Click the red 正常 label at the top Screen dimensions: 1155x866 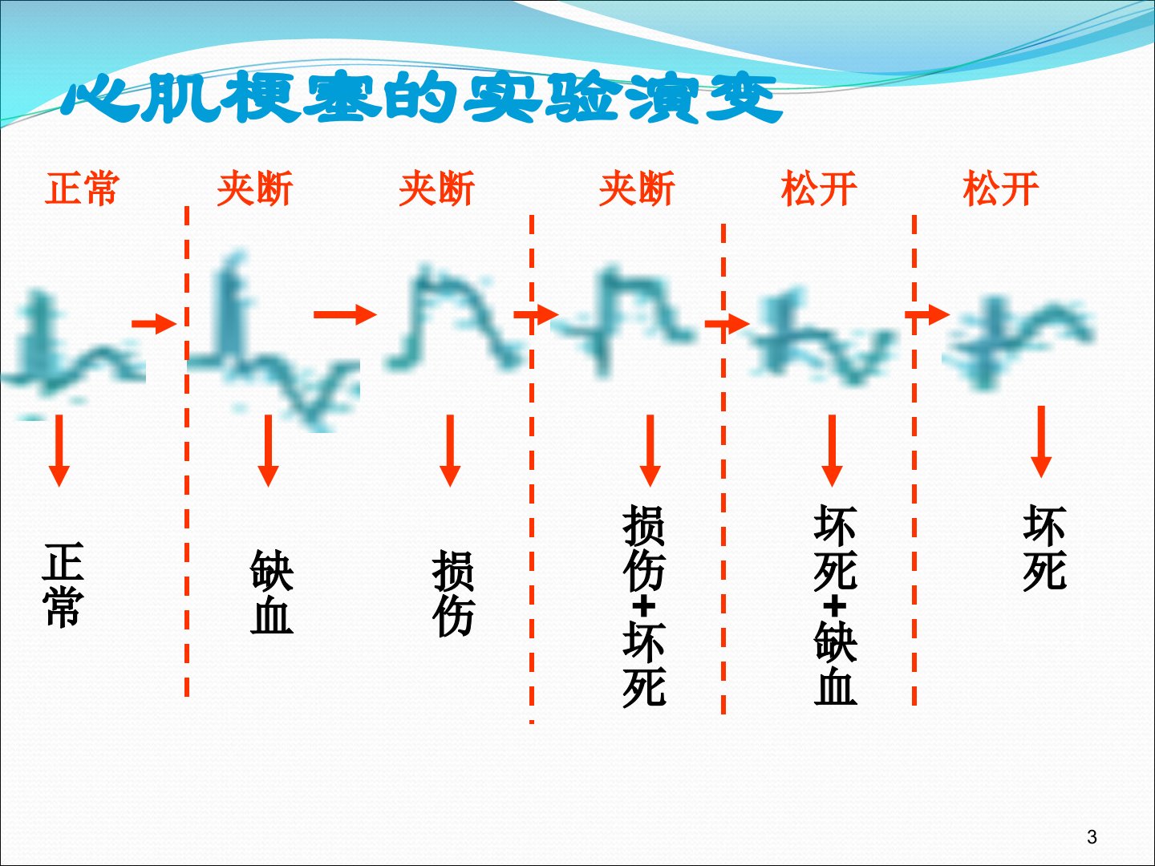[x=82, y=188]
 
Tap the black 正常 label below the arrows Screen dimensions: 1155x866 [x=63, y=585]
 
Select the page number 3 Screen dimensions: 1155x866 [x=1092, y=836]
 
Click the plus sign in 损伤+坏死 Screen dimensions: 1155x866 [x=644, y=607]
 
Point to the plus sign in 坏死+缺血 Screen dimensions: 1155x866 [x=834, y=607]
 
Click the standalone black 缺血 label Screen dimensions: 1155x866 [x=272, y=592]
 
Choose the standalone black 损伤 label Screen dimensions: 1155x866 [x=453, y=593]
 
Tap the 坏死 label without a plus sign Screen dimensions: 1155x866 [x=1044, y=548]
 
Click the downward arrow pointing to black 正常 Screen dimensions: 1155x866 [x=59, y=451]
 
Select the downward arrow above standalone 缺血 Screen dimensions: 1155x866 [x=269, y=451]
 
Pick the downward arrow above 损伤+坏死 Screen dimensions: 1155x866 [x=650, y=451]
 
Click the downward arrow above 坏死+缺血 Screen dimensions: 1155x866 [x=832, y=451]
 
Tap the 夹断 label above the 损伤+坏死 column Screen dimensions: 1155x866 [x=637, y=188]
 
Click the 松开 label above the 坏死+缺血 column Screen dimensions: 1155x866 [x=819, y=188]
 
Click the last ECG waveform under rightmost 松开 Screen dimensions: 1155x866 [x=1019, y=345]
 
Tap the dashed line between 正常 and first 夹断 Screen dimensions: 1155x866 [x=187, y=452]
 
